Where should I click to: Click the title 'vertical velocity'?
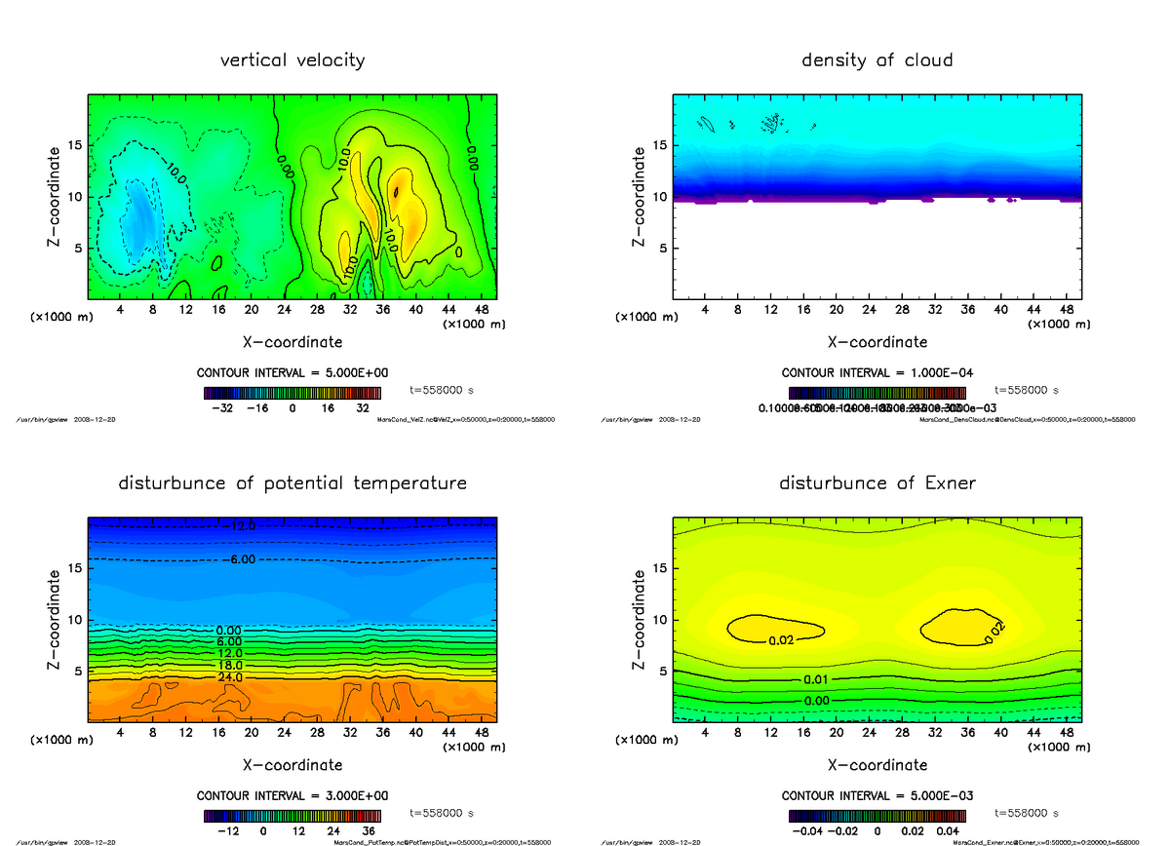pyautogui.click(x=292, y=60)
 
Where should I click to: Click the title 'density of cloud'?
pyautogui.click(x=877, y=60)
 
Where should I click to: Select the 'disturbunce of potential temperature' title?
pyautogui.click(x=292, y=483)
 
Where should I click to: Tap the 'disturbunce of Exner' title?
pyautogui.click(x=877, y=483)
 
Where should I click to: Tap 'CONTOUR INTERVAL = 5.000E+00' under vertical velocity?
pyautogui.click(x=292, y=373)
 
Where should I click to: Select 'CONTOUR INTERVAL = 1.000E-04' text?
pyautogui.click(x=877, y=373)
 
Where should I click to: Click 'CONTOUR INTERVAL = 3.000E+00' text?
pyautogui.click(x=292, y=795)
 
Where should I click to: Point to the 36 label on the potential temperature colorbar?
pyautogui.click(x=370, y=831)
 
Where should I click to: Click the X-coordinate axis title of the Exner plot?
pyautogui.click(x=877, y=765)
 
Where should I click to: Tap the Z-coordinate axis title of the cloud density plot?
pyautogui.click(x=640, y=196)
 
